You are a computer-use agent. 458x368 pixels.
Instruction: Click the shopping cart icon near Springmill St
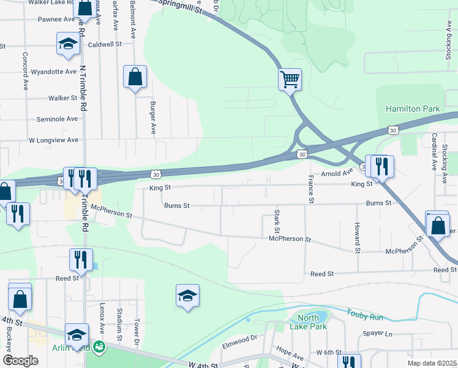tap(290, 79)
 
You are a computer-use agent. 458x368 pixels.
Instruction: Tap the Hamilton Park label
tap(413, 109)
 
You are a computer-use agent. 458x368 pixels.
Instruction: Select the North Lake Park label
tap(309, 321)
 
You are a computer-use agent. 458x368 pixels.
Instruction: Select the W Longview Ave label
tap(54, 140)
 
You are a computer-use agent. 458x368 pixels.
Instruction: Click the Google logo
tap(20, 361)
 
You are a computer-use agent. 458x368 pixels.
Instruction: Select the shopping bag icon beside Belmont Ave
tap(135, 78)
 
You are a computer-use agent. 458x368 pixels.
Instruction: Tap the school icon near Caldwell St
tap(68, 44)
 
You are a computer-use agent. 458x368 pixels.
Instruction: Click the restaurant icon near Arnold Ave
tap(381, 166)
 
